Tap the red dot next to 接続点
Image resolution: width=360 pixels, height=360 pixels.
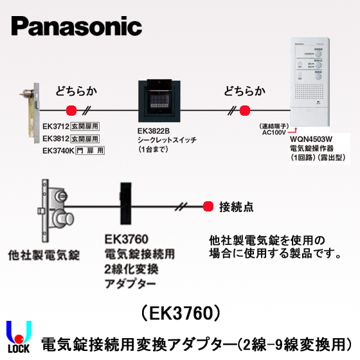(208, 207)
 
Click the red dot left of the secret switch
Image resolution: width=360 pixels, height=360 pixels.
(71, 110)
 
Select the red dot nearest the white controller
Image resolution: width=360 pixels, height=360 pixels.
(244, 110)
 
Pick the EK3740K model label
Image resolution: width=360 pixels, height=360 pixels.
(57, 150)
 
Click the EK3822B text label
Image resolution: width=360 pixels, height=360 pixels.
(153, 130)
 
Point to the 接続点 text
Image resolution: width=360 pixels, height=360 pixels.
(236, 207)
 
